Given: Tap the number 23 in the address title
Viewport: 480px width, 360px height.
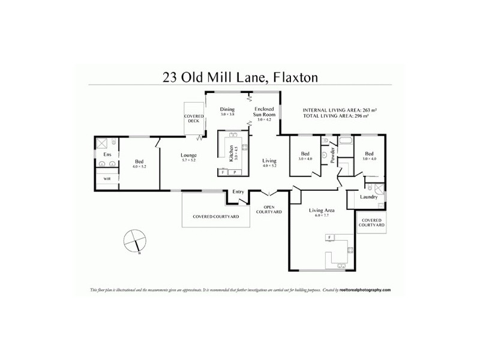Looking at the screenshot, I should (172, 77).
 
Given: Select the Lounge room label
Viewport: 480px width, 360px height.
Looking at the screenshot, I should (189, 156).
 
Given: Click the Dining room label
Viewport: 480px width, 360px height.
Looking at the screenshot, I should (227, 109).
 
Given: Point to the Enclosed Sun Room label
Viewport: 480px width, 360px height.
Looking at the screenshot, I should (264, 112).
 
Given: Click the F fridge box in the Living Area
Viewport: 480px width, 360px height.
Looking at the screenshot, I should (329, 238).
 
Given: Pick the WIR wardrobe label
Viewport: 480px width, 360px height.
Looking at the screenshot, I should (107, 179).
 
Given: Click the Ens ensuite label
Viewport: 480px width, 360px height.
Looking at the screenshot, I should (107, 155).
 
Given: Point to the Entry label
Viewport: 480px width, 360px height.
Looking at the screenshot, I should (238, 192).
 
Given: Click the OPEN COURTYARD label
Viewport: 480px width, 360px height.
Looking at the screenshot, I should (269, 209).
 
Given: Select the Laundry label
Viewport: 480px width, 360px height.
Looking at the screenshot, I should (368, 197).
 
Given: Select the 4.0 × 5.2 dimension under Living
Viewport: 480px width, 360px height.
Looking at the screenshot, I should (269, 166).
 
